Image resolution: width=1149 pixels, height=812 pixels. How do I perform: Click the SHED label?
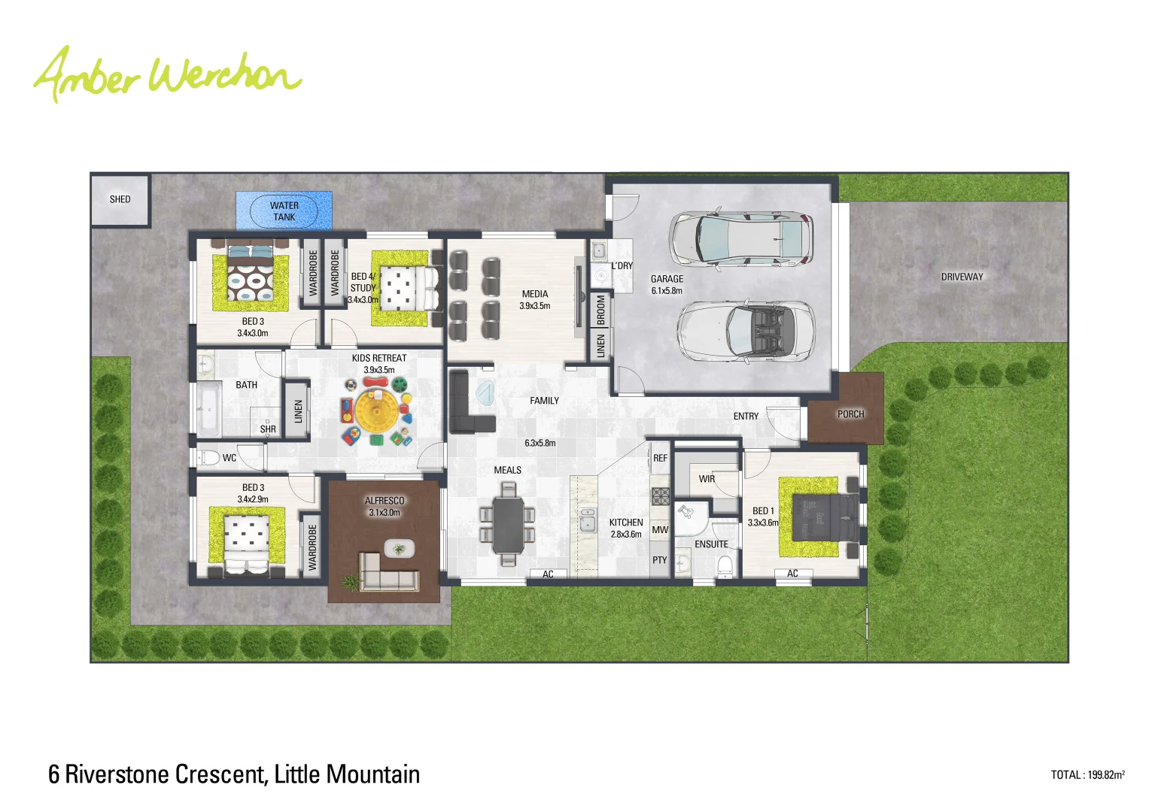[120, 199]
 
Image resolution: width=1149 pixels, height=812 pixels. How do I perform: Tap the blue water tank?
[284, 211]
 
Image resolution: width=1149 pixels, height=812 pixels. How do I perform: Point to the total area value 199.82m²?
[1105, 775]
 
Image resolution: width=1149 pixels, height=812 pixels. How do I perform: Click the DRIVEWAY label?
[962, 277]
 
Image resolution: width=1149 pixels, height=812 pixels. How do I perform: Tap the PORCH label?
[850, 414]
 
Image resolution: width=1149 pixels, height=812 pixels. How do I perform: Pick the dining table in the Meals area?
[509, 524]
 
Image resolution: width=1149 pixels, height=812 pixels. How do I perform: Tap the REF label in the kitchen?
[660, 458]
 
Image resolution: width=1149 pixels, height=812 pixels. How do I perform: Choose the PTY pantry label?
[659, 560]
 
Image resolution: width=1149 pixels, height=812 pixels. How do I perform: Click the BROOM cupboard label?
[600, 310]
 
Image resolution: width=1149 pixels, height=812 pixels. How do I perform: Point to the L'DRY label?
[622, 266]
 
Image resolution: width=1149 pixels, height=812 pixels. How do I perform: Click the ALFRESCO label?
[385, 501]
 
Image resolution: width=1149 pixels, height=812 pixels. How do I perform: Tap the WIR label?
[707, 479]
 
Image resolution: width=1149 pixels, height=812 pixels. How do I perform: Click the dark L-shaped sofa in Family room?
[465, 406]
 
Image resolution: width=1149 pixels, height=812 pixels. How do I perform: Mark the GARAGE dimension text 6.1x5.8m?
[667, 291]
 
